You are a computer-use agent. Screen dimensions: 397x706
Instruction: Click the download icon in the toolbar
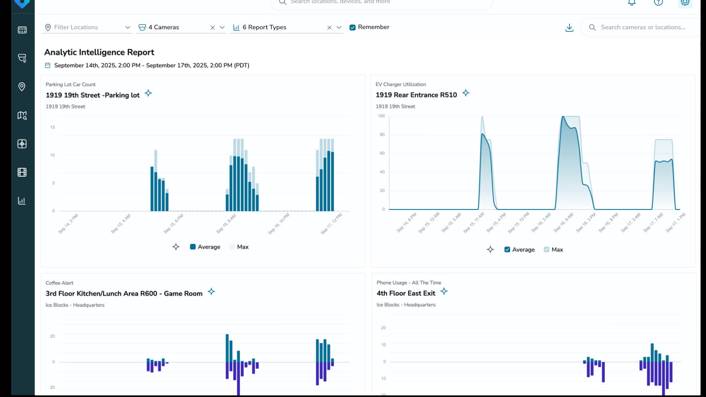click(569, 28)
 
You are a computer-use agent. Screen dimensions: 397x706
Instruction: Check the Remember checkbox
click(352, 27)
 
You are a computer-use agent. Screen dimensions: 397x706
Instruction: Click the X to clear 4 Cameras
click(212, 28)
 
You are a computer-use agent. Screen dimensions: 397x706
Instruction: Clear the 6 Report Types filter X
click(329, 28)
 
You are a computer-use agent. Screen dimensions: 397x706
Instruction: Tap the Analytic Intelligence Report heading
click(99, 52)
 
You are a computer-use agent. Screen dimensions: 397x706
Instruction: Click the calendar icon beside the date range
click(47, 65)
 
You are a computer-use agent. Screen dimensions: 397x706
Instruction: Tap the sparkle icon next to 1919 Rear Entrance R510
click(466, 93)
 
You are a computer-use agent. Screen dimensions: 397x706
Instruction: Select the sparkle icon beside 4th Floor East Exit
click(444, 291)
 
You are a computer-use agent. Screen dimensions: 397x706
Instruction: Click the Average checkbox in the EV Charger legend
click(507, 250)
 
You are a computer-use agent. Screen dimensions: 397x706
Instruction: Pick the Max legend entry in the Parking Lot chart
click(239, 247)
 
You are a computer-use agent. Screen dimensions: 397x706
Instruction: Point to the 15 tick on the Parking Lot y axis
click(53, 127)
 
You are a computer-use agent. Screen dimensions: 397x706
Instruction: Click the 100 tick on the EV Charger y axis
click(381, 116)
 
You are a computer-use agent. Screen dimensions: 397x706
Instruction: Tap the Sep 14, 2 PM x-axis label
click(68, 224)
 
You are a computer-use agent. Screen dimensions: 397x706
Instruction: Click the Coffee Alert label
click(59, 283)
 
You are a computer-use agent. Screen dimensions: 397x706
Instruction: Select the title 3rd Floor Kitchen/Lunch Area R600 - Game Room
click(124, 293)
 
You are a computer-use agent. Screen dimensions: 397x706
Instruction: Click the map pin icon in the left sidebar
click(22, 87)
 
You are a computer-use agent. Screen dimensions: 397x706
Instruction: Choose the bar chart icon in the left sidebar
click(22, 201)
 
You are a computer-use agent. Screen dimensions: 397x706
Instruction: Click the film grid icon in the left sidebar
click(22, 172)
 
